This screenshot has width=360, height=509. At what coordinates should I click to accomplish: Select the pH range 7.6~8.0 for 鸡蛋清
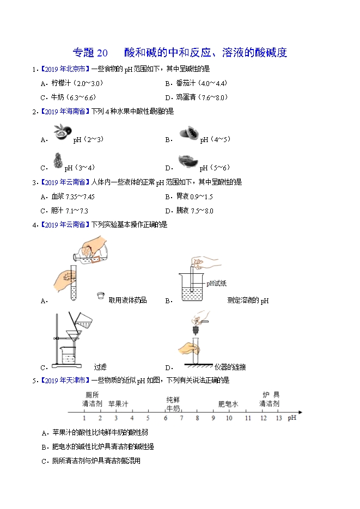tap(213, 97)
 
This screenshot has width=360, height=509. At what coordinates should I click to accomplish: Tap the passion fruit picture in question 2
tap(61, 132)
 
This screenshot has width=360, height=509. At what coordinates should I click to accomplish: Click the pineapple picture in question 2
tap(58, 161)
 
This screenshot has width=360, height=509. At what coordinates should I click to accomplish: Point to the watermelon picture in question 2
tap(188, 161)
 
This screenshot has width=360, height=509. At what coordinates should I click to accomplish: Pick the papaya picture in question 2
tap(188, 133)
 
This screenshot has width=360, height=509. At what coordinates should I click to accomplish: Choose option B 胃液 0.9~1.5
tap(189, 197)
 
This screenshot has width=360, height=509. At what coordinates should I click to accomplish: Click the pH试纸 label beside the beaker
tap(217, 284)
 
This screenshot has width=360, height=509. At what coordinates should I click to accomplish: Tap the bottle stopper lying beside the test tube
tap(101, 296)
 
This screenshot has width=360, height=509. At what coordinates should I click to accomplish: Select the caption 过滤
tap(100, 367)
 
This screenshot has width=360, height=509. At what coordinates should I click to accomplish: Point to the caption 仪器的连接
tap(230, 367)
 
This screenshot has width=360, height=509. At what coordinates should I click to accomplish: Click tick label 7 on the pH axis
tap(181, 418)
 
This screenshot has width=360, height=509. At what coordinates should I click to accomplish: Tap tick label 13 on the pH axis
tap(279, 418)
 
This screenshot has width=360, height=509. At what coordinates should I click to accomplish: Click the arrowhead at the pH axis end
tap(300, 412)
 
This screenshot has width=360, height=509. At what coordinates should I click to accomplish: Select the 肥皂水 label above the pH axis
tap(228, 404)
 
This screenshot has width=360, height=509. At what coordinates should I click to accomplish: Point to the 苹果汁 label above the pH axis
tap(119, 404)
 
